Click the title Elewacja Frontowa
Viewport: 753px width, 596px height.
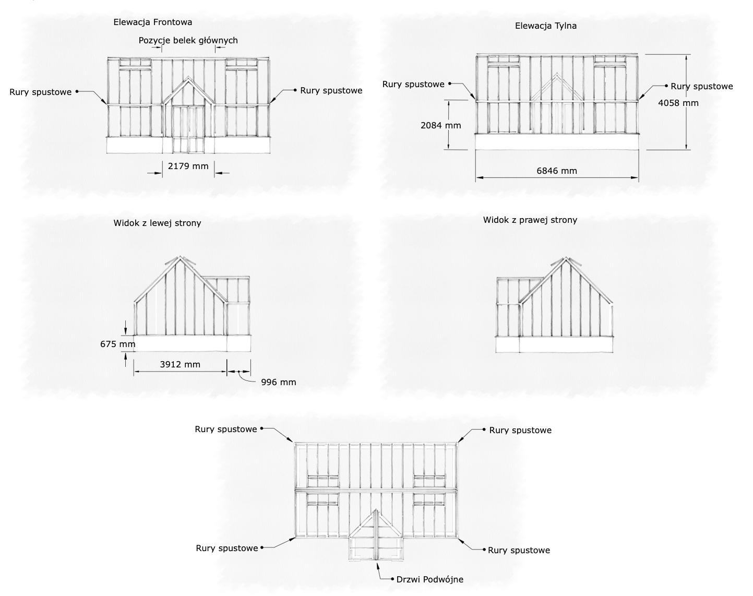pos(152,22)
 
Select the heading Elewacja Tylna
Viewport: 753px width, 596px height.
pos(545,26)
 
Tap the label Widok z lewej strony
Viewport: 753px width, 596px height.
pos(157,223)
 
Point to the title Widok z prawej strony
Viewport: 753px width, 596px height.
pos(530,220)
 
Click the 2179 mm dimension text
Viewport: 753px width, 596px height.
pos(188,166)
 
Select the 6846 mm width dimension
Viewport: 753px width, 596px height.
pos(557,171)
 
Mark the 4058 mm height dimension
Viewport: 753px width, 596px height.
pos(678,103)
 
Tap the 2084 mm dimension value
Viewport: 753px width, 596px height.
pos(440,125)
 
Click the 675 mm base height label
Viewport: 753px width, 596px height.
pos(117,344)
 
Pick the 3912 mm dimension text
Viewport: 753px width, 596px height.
pos(180,364)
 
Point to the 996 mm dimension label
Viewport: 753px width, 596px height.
pos(278,382)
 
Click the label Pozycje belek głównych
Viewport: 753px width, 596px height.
pos(188,40)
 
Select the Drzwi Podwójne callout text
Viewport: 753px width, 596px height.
pos(429,579)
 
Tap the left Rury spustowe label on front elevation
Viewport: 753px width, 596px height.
pos(40,92)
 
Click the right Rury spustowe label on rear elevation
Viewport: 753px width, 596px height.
pos(701,86)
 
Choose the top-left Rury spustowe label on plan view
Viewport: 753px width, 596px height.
pos(225,429)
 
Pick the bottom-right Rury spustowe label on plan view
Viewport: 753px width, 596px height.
pos(519,550)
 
